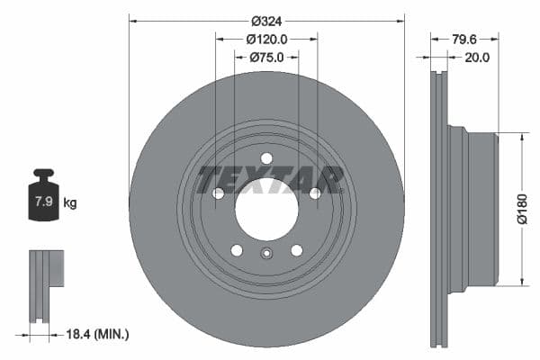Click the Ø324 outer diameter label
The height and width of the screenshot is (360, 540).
point(266,21)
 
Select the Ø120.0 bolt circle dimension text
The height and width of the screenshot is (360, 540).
point(266,39)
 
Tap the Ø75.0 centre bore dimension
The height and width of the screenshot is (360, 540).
point(266,57)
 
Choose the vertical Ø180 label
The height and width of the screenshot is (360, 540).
point(521,209)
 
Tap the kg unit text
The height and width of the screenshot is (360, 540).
point(70,203)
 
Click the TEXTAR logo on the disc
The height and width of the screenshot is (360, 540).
point(270,180)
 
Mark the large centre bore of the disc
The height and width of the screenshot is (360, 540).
point(266,210)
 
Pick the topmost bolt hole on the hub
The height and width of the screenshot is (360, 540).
point(266,159)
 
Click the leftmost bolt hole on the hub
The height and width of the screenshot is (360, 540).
point(218,193)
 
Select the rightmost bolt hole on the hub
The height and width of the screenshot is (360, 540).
point(315,193)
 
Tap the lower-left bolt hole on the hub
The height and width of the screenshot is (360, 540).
point(237,250)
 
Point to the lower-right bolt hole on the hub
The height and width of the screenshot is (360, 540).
point(296,250)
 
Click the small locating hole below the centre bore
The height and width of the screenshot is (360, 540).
point(266,253)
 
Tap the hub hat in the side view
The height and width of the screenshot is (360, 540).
point(479,209)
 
